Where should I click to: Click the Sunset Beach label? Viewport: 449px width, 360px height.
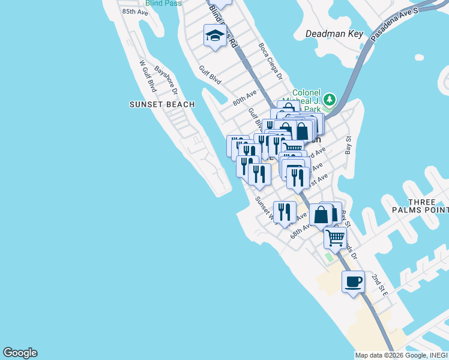(x=162, y=104)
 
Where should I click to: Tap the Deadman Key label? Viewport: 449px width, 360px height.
(x=334, y=34)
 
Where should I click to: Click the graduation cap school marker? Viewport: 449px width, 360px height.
(x=214, y=37)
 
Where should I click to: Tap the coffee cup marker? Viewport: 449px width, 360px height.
(x=353, y=281)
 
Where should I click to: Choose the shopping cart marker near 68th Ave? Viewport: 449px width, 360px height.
(x=335, y=238)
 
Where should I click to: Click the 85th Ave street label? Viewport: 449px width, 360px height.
(x=134, y=11)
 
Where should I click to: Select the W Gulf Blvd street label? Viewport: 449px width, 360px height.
(x=147, y=76)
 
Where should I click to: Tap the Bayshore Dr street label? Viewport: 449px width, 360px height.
(x=166, y=79)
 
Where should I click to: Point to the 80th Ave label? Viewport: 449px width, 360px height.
(x=244, y=96)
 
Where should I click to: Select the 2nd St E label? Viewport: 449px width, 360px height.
(x=380, y=284)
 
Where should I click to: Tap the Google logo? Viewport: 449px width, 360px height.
(x=20, y=353)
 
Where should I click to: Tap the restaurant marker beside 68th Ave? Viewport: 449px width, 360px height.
(x=285, y=212)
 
